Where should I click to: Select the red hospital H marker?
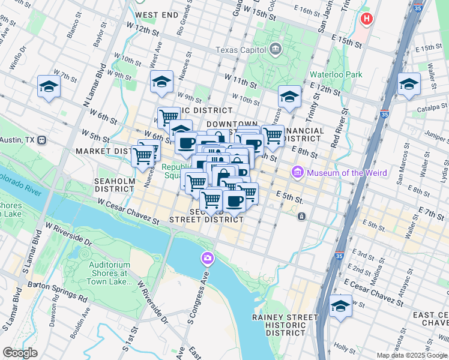point(366,19)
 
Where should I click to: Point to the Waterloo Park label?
point(336,74)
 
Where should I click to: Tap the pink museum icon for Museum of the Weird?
point(297,173)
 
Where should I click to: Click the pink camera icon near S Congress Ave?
point(207,258)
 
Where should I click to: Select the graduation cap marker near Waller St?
point(409,84)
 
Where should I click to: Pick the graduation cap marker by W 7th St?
point(49,87)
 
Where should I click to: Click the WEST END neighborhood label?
point(157,14)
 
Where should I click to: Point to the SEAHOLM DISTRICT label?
point(113,184)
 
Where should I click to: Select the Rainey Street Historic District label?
point(285,325)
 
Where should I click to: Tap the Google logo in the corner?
point(20,353)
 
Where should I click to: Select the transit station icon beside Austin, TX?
point(41,140)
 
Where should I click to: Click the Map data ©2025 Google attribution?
point(412,355)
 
